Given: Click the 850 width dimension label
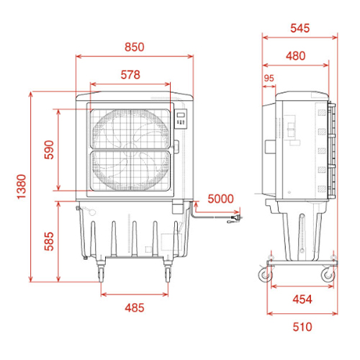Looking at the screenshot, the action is [x=135, y=47].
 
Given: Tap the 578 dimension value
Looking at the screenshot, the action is [x=130, y=75].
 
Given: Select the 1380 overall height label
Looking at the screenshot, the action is [x=22, y=186].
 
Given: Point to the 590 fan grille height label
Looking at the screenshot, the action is [x=49, y=150].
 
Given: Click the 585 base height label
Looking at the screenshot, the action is [x=49, y=241].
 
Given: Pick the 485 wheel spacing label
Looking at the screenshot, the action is [x=135, y=307].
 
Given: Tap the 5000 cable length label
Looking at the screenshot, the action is [x=220, y=199].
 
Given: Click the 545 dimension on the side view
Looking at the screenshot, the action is [x=300, y=28].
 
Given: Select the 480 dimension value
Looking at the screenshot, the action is [x=296, y=56].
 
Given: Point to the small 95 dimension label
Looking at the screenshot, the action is [x=269, y=78].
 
